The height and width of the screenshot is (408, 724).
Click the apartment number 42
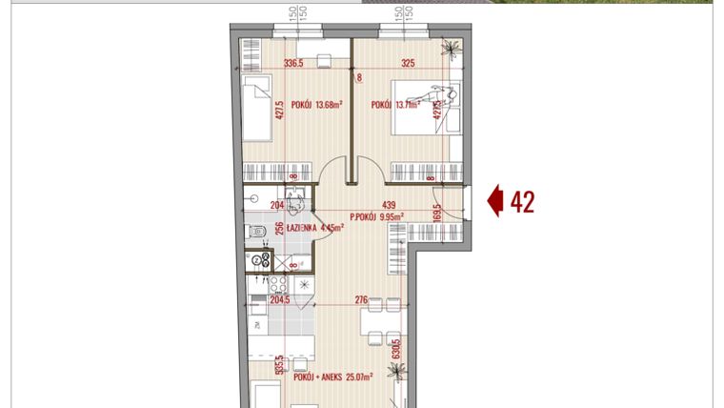coord(522,201)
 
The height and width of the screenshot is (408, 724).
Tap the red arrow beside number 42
coord(495,201)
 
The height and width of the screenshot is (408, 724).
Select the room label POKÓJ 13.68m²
coord(316,106)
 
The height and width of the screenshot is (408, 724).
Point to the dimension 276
coord(361,300)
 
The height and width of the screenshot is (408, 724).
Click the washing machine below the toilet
coord(258,258)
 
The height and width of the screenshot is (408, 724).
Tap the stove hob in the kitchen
coord(258,284)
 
